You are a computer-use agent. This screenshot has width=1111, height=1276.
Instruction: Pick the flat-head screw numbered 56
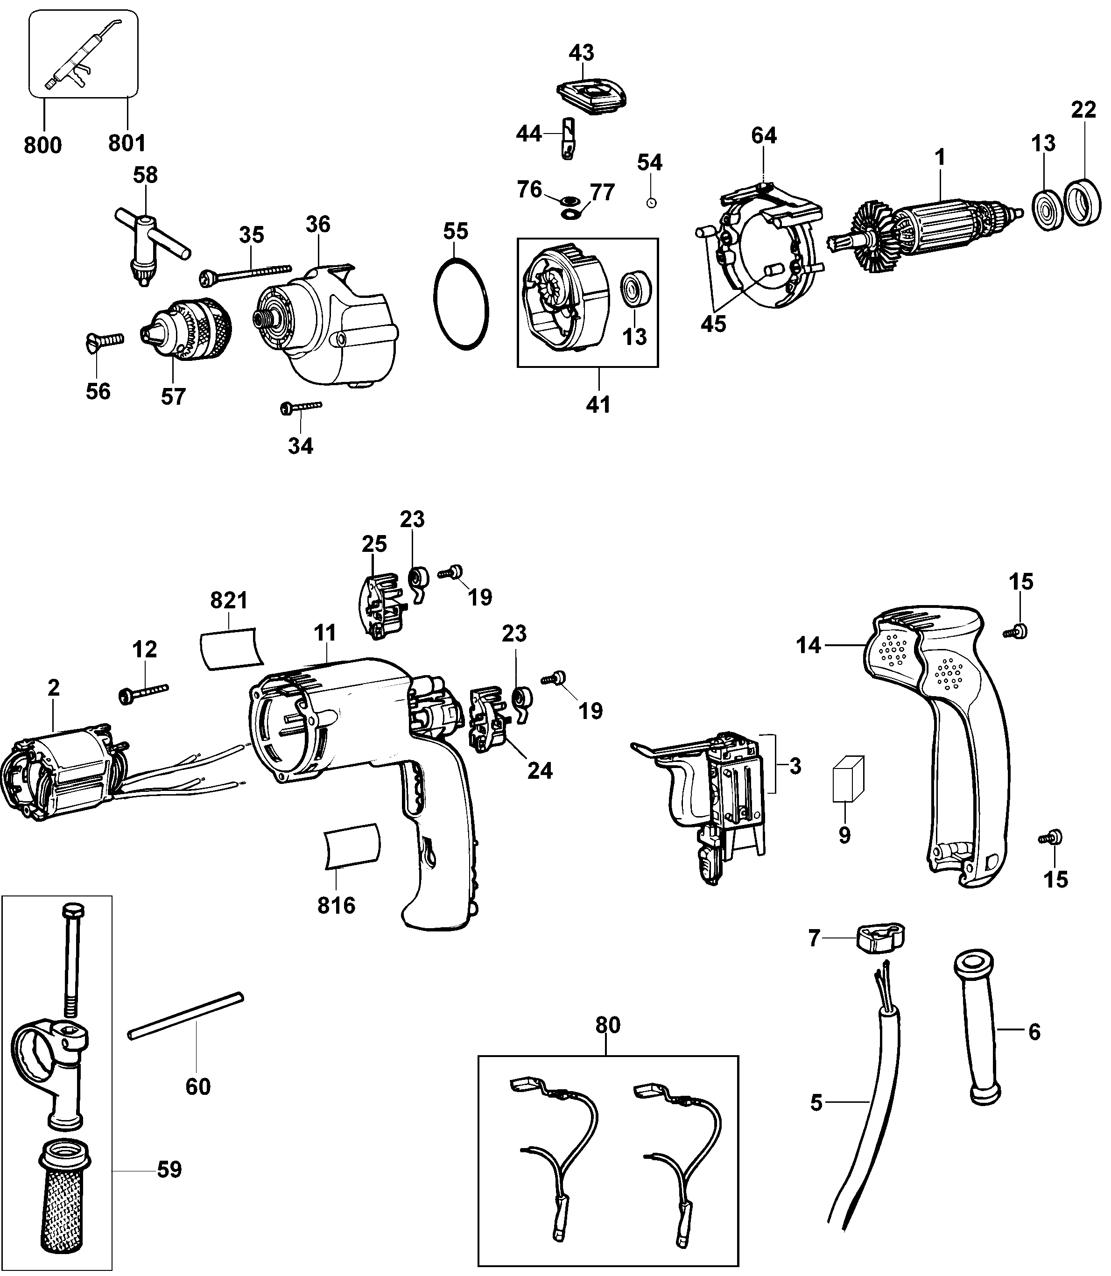click(x=104, y=341)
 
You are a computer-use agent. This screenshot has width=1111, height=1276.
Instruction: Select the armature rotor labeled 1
click(x=938, y=225)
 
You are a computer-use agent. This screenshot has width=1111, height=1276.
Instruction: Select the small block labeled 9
click(x=848, y=779)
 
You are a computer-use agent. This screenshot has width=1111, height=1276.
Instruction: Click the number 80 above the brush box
click(x=608, y=1025)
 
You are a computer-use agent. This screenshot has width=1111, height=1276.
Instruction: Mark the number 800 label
click(x=43, y=145)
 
